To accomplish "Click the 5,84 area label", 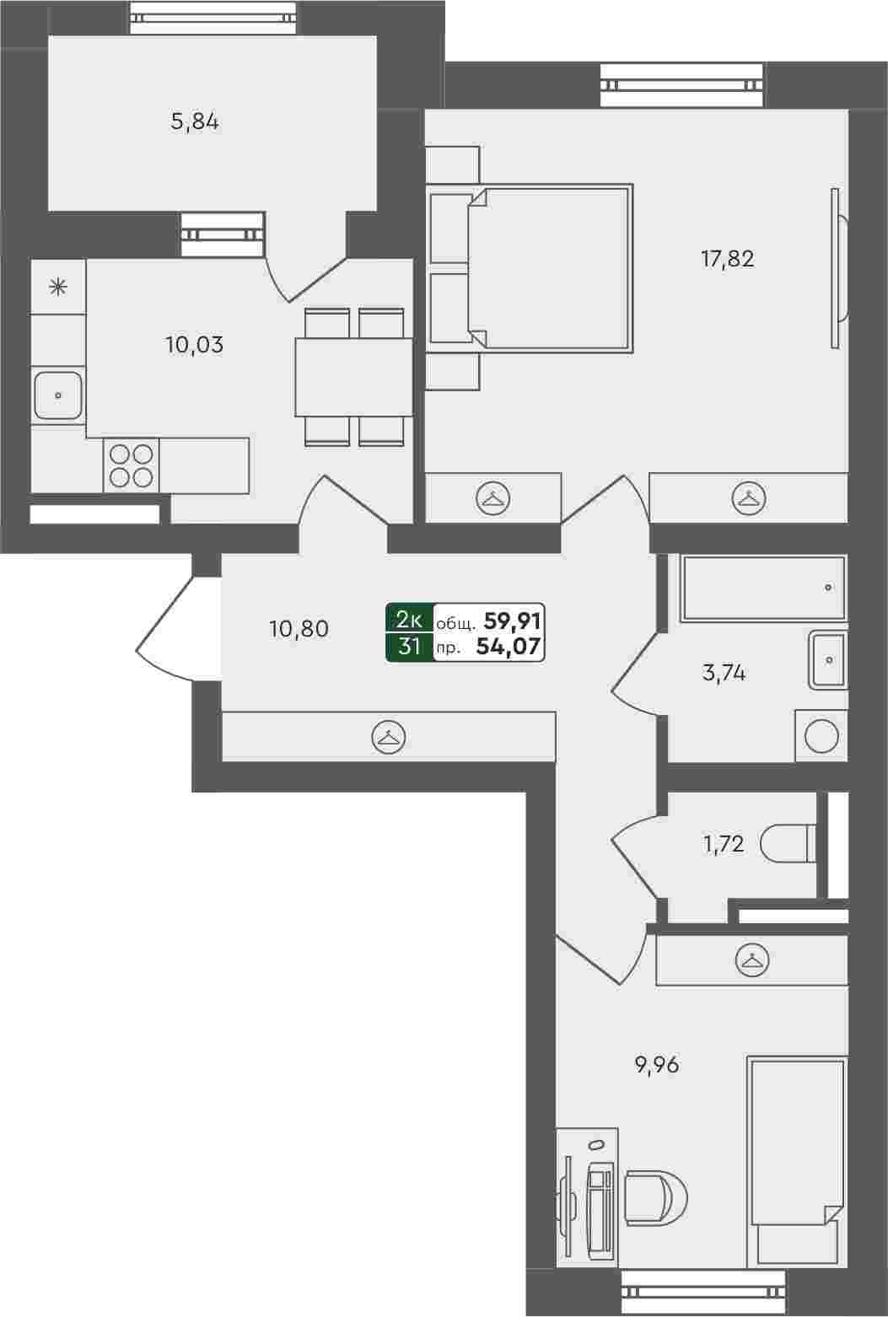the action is tap(195, 122).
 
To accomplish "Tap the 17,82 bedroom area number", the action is tap(728, 259).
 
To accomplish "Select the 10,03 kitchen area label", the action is tap(195, 345).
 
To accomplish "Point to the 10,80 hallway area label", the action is tap(299, 629).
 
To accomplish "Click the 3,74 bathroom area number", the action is tap(724, 673).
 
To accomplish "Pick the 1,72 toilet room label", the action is tap(724, 845).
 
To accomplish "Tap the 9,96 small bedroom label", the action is tap(657, 1065).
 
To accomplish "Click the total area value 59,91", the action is tap(512, 621).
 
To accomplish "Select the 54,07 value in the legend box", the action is tap(509, 647).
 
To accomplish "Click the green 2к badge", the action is tap(410, 619).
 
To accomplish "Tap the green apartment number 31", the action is tap(410, 647).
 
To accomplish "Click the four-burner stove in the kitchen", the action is tap(132, 465).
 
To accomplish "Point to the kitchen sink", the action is tap(57, 395).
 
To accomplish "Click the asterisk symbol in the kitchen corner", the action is tap(57, 288).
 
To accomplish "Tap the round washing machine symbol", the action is tap(821, 736).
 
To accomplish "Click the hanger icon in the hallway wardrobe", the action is tap(389, 737).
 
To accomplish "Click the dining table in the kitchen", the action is tap(353, 377).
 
